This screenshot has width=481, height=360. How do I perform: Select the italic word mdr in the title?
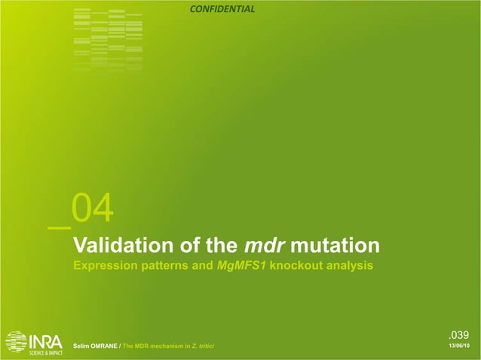[x=264, y=246]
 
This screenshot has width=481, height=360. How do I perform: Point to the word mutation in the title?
[x=334, y=246]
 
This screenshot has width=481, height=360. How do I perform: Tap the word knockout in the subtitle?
[x=298, y=266]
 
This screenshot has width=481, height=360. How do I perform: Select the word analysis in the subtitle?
[x=350, y=266]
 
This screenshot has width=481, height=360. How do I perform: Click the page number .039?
[x=459, y=332]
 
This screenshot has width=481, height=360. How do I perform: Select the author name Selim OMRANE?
[x=93, y=345]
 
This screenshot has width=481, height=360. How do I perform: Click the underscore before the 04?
[x=60, y=224]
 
